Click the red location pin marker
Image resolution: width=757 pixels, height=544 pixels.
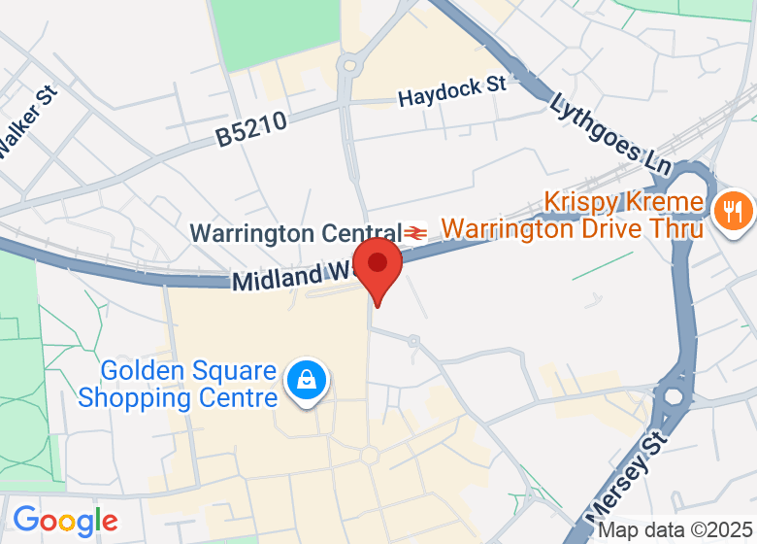pos(378,266)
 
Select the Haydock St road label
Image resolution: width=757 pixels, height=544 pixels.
pos(452,91)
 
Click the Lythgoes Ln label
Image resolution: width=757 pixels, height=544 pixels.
pos(609,133)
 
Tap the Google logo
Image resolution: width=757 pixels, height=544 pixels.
pos(64,521)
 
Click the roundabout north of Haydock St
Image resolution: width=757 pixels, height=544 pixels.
pos(350,66)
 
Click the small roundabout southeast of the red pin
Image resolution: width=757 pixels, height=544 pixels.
pos(413,342)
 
